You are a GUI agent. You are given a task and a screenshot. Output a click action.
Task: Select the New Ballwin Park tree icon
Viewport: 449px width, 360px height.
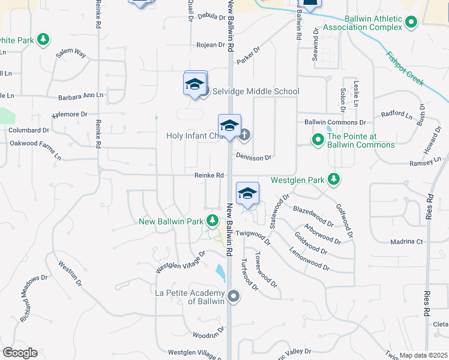pyautogui.click(x=211, y=221)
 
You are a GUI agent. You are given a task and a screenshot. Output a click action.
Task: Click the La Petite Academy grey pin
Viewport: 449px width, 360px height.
pyautogui.click(x=234, y=296)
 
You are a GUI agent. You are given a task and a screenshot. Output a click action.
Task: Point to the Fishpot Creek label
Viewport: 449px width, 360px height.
pyautogui.click(x=405, y=65)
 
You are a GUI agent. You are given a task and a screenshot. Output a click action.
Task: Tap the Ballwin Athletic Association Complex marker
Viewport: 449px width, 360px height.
pyautogui.click(x=411, y=23)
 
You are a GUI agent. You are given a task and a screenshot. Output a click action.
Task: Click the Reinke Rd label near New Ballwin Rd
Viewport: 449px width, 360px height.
pyautogui.click(x=208, y=175)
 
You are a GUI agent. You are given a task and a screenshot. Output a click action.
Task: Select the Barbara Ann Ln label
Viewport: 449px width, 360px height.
pyautogui.click(x=81, y=96)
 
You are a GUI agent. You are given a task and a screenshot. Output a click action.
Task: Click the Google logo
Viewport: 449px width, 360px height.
pyautogui.click(x=20, y=353)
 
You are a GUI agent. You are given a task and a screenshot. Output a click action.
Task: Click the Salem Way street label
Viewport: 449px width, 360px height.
pyautogui.click(x=71, y=54)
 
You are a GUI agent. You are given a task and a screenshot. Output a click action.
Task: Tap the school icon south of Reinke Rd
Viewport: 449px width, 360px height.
pyautogui.click(x=247, y=193)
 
